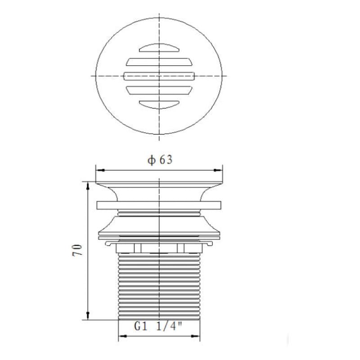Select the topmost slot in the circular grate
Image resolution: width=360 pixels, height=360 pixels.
(x=159, y=47)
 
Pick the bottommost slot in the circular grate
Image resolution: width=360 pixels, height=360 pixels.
(x=159, y=104)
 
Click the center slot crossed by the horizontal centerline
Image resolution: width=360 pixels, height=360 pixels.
(x=159, y=76)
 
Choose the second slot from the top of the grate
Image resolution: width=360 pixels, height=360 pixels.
(x=159, y=62)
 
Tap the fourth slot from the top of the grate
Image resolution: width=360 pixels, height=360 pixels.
(x=159, y=90)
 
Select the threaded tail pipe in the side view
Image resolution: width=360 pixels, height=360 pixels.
(x=159, y=286)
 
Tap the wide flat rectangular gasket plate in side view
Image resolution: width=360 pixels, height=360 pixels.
(x=159, y=205)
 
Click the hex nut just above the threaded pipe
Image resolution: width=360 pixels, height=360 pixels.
(x=159, y=248)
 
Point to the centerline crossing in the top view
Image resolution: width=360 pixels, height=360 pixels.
(x=159, y=76)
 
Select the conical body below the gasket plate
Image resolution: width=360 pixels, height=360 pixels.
(x=159, y=225)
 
